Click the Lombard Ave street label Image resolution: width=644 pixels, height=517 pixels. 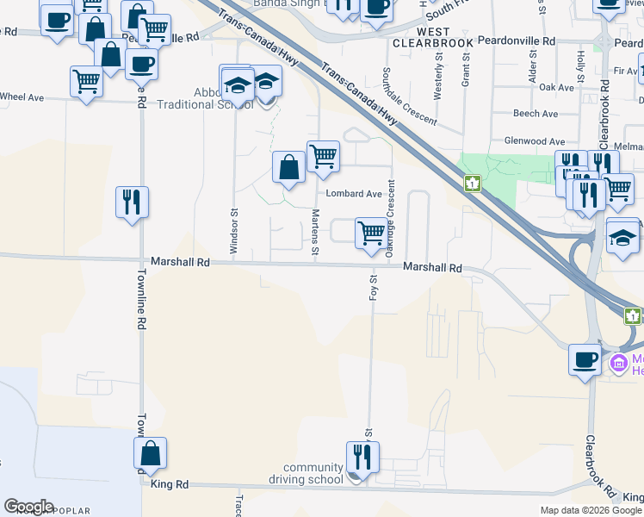tap(353, 194)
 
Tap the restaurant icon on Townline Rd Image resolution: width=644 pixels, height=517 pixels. tap(132, 202)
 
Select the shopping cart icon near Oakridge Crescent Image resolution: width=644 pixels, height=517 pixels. tap(370, 233)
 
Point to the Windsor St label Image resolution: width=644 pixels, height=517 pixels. tap(233, 230)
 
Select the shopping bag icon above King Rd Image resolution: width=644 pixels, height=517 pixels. tap(151, 453)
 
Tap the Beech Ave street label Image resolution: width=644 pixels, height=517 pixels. tap(535, 114)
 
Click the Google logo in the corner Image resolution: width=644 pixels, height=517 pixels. tap(28, 507)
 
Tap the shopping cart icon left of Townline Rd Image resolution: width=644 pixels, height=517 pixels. tap(86, 83)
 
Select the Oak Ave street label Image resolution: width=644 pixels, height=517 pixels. tap(555, 88)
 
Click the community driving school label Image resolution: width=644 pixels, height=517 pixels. tap(313, 473)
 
